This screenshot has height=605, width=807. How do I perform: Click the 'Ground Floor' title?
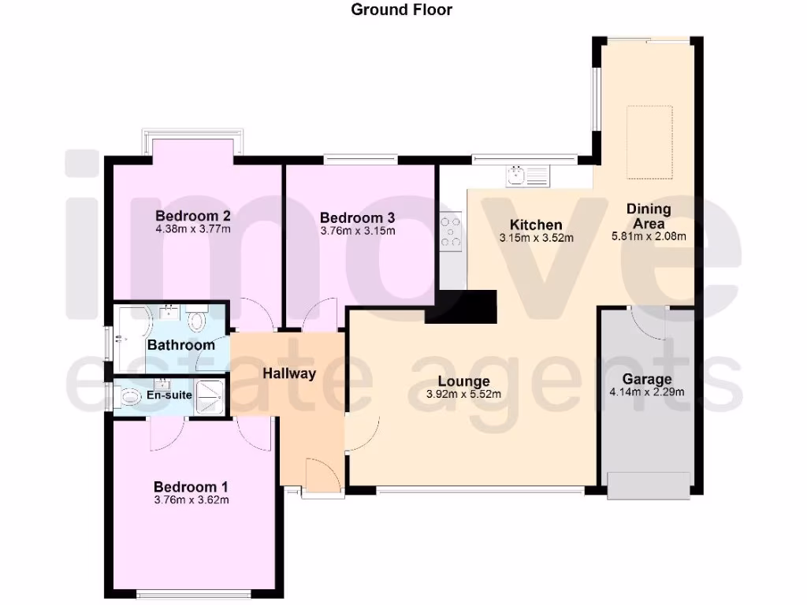point(402,9)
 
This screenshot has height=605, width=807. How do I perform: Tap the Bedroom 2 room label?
point(193,216)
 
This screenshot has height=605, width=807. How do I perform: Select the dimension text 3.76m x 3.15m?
point(357,231)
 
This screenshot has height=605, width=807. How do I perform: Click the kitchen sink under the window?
point(518,174)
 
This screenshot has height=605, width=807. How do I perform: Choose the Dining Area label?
point(649,216)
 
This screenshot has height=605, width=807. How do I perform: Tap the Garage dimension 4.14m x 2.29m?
point(647,392)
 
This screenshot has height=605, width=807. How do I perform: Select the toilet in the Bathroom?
point(197,321)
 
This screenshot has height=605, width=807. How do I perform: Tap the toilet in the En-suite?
point(130,396)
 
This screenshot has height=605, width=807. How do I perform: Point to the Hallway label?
point(289,373)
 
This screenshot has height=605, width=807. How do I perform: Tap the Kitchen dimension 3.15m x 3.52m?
point(536,237)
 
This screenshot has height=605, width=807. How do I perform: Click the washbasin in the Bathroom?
point(169,313)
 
